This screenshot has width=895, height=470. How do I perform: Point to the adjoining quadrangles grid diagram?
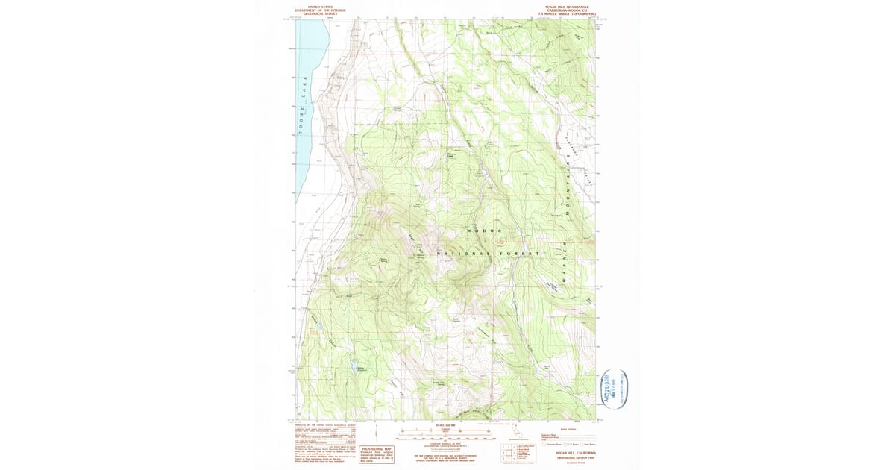[509, 452]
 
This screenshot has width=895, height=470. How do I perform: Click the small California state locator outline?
[514, 433]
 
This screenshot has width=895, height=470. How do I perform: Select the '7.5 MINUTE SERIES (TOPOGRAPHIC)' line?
[571, 13]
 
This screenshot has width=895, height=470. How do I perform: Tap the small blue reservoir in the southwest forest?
[352, 366]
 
